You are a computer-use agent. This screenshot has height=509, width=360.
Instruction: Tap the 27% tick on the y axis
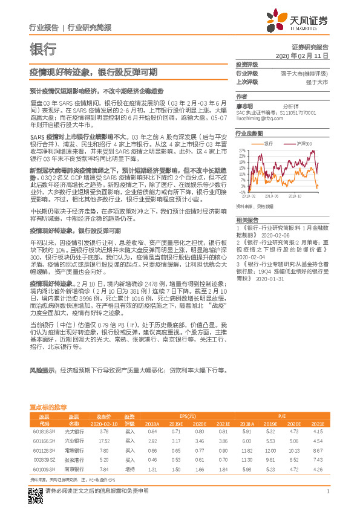(241, 149)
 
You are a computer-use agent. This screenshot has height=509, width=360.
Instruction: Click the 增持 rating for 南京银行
(129, 469)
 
